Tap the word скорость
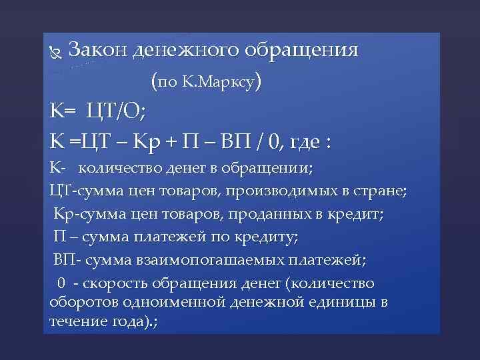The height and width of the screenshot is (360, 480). tap(120, 283)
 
